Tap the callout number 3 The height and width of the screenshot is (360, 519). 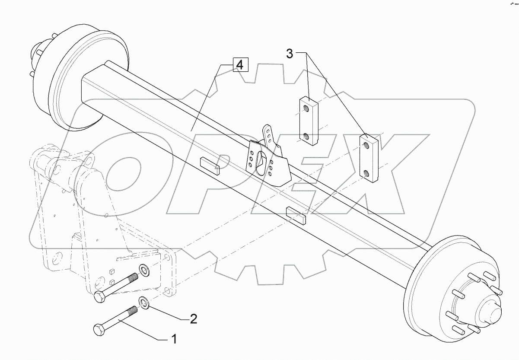(289, 54)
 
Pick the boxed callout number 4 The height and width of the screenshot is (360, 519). (239, 65)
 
